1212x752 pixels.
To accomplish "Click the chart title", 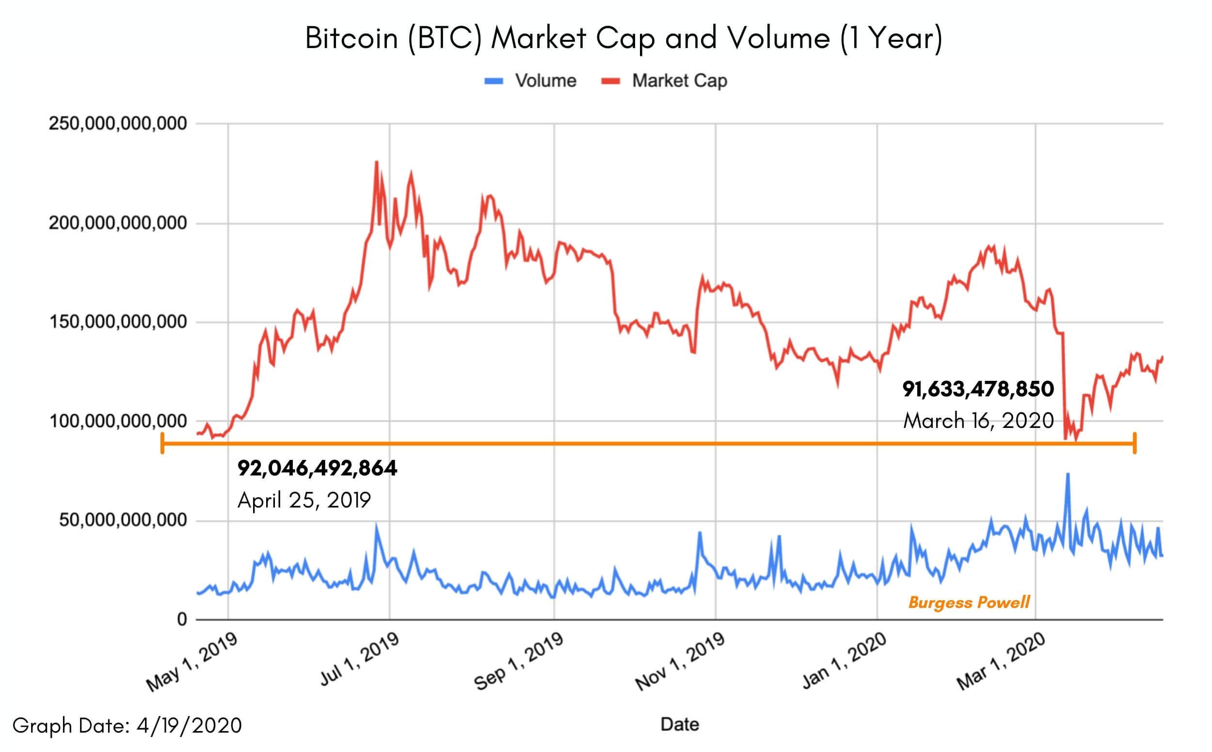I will pos(623,38).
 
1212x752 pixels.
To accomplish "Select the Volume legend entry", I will pos(545,81).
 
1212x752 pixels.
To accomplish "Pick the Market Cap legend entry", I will pos(679,81).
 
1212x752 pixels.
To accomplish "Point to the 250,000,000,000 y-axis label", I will pos(118,123).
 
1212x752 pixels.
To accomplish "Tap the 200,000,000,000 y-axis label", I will pos(118,223).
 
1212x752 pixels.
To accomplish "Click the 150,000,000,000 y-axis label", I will pos(118,322).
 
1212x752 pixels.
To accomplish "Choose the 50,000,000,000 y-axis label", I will pos(123,520).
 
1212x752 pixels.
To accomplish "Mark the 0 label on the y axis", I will pos(182,619).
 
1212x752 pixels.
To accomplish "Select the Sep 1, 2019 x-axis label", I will pos(519,662).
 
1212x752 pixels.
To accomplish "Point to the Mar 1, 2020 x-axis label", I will pos(1002,662).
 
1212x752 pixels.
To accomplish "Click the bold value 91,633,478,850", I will pos(978,389).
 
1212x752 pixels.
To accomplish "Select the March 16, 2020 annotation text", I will pos(978,421).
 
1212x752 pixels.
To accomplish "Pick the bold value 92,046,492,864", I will pos(317,468).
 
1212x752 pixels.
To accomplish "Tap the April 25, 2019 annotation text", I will pos(304,500).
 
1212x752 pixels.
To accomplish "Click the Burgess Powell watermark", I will pos(969,602).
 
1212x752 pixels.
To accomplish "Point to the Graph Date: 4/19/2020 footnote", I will pos(127,725).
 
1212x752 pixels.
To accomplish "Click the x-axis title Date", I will pos(679,724).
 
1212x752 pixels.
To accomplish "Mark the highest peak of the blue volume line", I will pos(1067,474).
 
